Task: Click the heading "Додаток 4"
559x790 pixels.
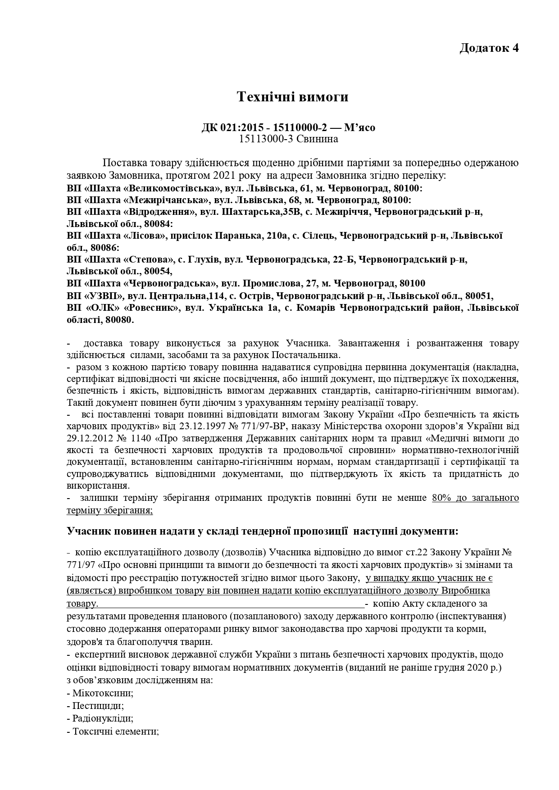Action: point(489,48)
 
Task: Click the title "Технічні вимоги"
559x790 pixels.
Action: point(293,96)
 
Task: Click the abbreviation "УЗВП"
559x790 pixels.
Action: point(104,296)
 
